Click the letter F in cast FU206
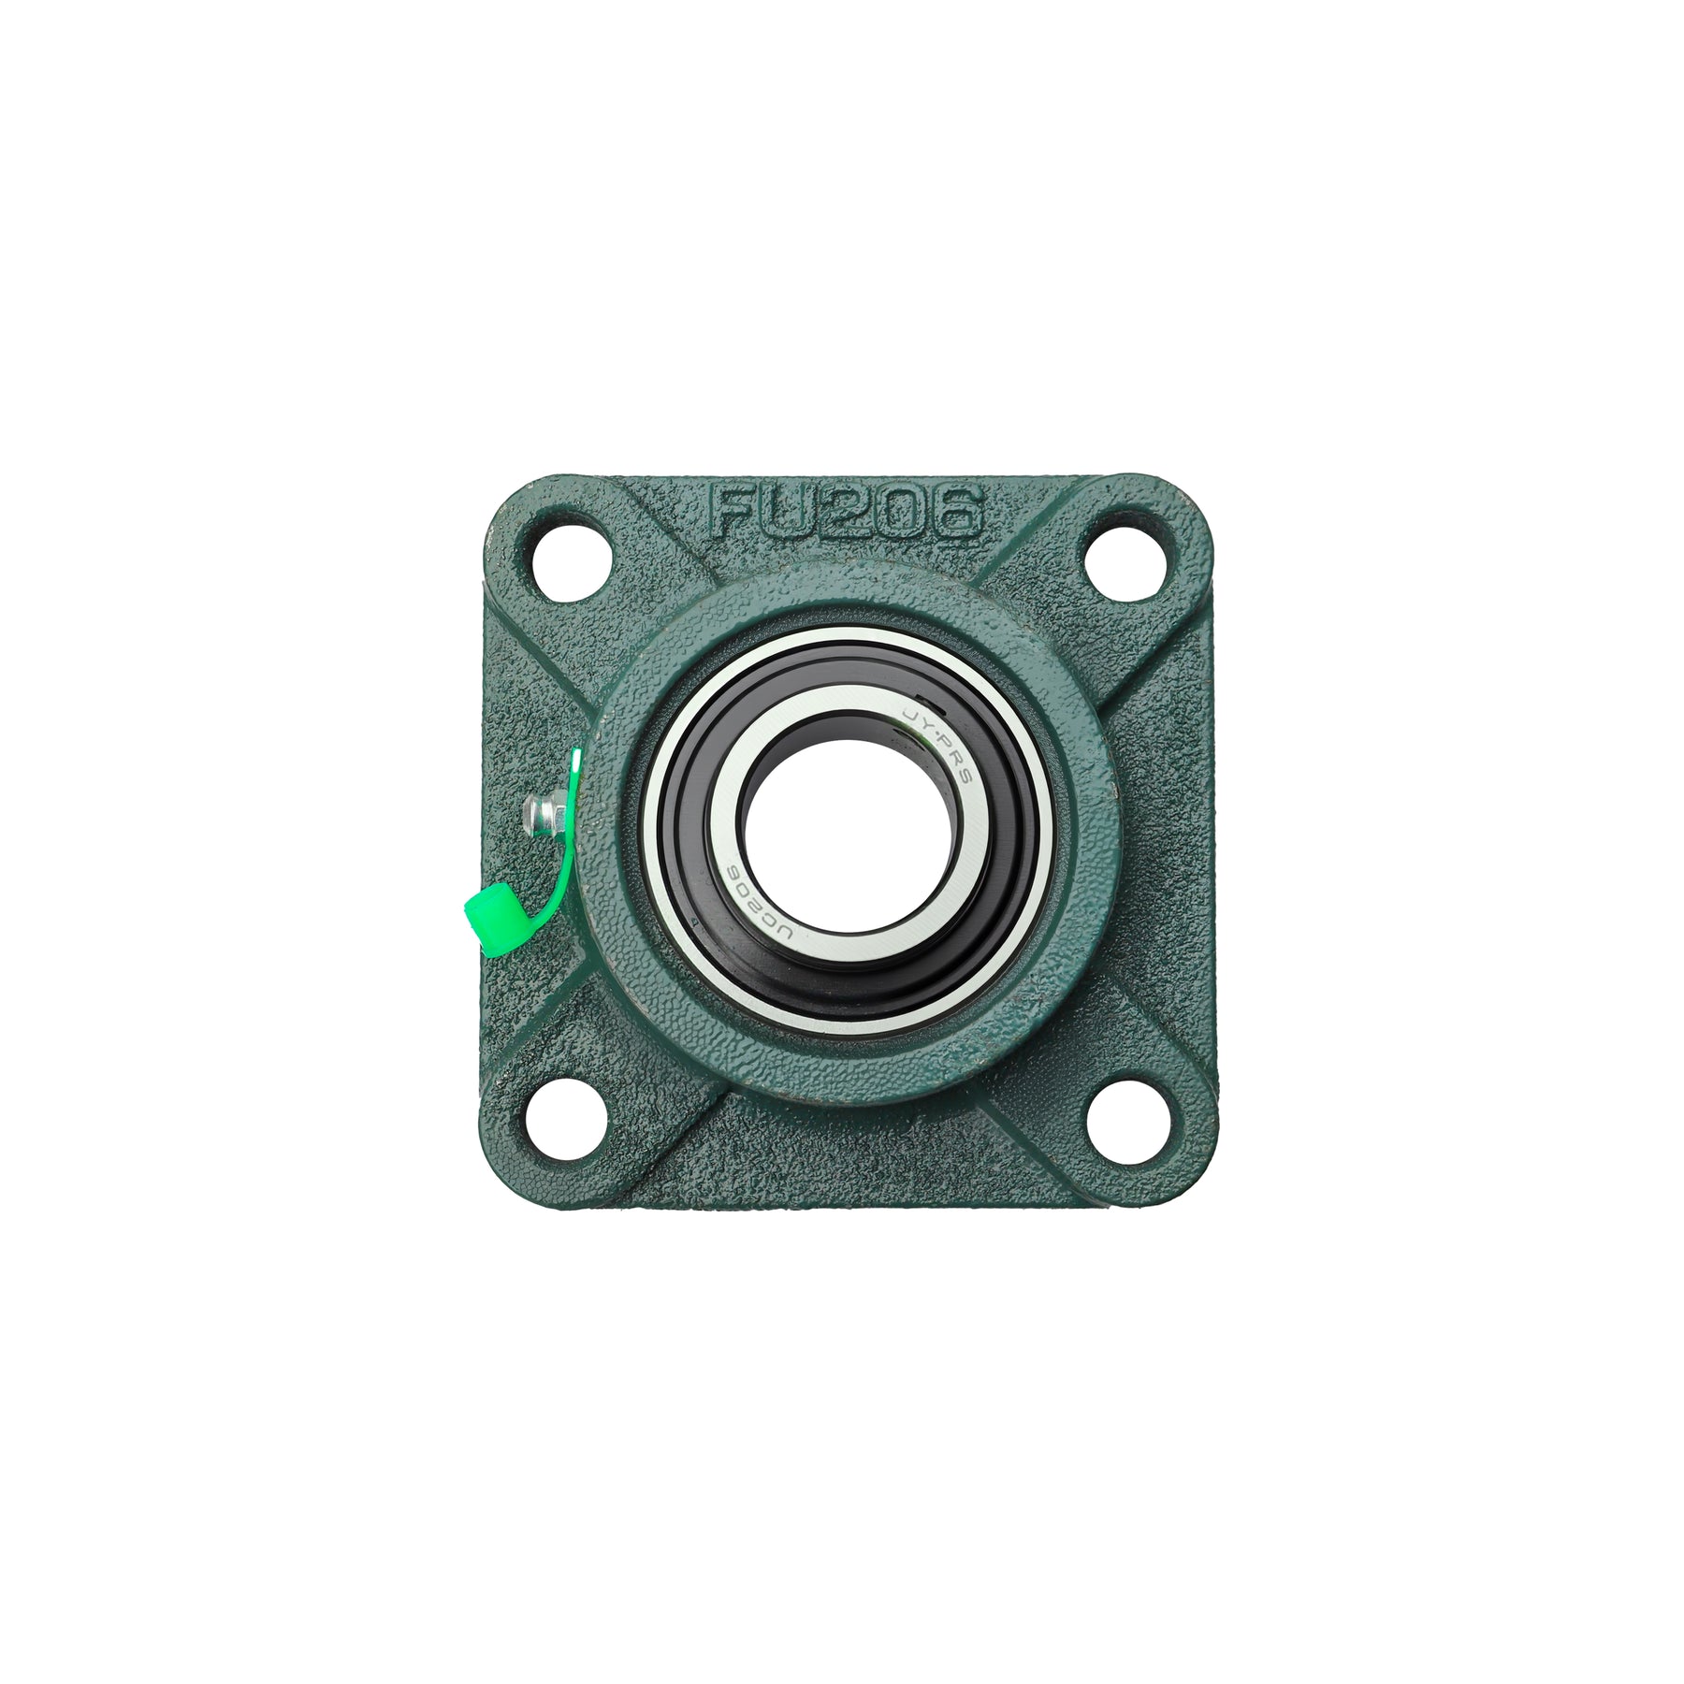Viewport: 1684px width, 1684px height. point(735,513)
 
